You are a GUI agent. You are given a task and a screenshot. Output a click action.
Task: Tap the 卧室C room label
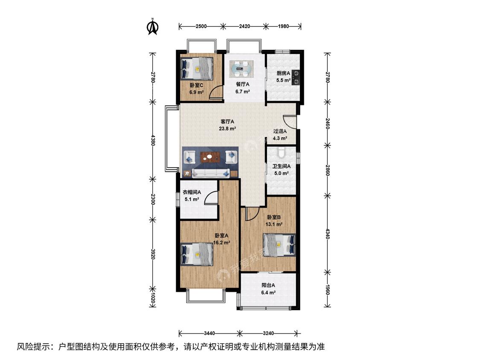click(196, 85)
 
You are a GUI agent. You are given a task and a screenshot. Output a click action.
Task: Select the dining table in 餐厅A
click(242, 69)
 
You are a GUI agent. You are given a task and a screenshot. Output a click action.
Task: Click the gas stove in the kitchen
click(296, 77)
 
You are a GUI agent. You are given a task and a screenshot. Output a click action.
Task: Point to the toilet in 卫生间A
click(281, 152)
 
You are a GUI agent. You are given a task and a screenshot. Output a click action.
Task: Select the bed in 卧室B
click(279, 244)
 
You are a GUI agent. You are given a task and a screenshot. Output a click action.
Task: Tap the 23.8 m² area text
click(227, 129)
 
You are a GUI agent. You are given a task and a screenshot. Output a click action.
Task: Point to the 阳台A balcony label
click(268, 285)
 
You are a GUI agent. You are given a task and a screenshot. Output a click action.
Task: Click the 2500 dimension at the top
click(201, 26)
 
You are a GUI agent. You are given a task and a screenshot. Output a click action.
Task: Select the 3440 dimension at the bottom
click(209, 333)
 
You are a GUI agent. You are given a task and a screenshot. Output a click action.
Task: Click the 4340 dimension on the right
click(327, 234)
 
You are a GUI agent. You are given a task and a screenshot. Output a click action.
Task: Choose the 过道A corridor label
click(280, 131)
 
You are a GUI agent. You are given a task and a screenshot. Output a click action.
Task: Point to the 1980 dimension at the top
click(283, 26)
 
